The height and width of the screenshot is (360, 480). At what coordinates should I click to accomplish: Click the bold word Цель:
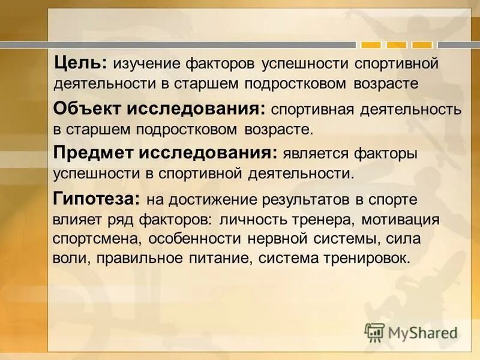point(79,62)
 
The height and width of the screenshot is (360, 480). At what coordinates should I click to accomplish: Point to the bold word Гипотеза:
point(97,198)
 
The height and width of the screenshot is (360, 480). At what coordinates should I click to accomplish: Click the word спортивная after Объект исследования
point(311,110)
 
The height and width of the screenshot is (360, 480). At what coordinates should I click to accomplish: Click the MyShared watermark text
point(424,332)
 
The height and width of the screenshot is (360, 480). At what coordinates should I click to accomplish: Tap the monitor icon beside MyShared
point(374,332)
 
